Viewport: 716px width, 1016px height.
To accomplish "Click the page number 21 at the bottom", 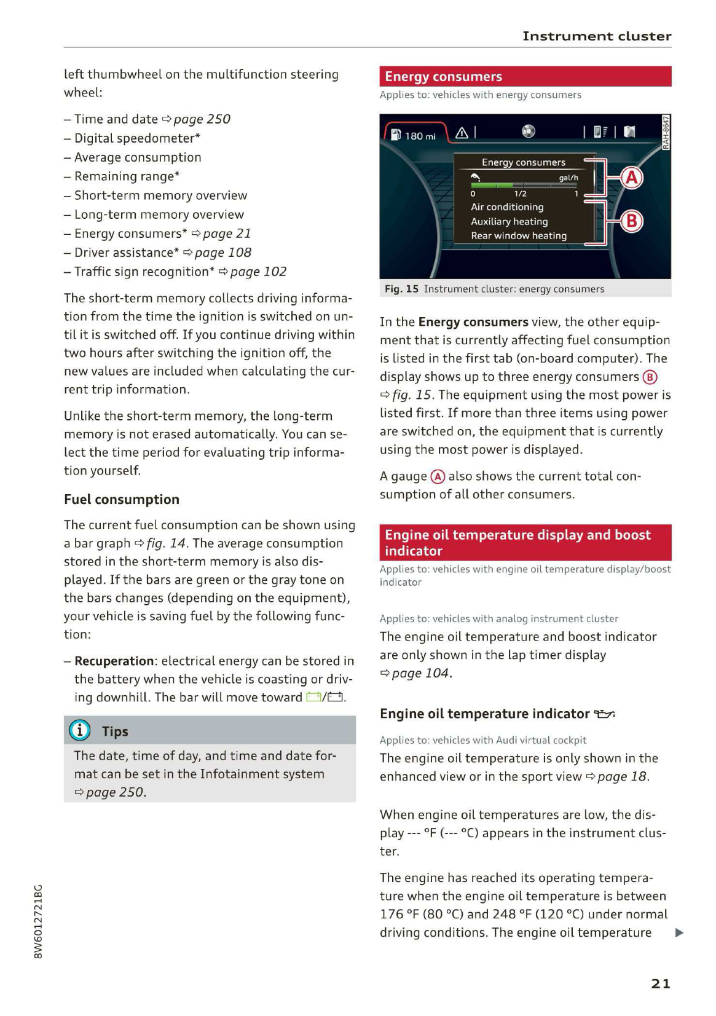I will click(x=661, y=983).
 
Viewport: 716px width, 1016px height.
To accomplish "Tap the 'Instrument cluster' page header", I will click(x=597, y=36).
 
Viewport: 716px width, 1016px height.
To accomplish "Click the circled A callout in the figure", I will click(x=632, y=178).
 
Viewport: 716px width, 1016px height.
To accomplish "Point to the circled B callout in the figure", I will click(x=632, y=221).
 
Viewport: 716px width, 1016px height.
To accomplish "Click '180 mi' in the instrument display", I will click(x=420, y=136).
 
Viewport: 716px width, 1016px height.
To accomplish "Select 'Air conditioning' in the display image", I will click(x=507, y=207).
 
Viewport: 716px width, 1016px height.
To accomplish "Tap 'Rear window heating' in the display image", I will click(x=519, y=236).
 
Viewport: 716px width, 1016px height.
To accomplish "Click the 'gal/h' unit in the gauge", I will click(x=568, y=178).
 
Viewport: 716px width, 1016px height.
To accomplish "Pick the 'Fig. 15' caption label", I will click(x=401, y=289).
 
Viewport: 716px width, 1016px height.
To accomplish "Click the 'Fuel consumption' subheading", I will click(x=122, y=499).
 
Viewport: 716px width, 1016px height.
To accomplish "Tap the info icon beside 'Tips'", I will click(x=80, y=730).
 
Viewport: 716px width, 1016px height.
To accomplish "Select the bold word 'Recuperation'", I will click(x=114, y=661).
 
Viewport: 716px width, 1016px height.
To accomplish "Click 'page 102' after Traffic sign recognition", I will click(x=258, y=272).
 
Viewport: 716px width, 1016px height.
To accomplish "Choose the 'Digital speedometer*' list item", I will click(x=137, y=138).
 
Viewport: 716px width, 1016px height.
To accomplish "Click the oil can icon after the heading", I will click(x=604, y=714).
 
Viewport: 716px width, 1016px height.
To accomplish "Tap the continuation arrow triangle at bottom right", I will click(x=679, y=933).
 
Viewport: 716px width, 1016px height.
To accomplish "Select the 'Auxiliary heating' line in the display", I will click(x=509, y=222).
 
